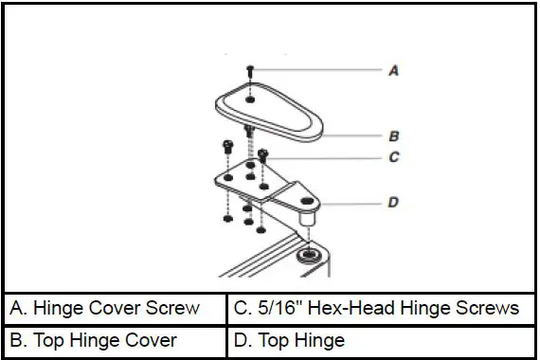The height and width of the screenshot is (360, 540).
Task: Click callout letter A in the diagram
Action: (x=393, y=71)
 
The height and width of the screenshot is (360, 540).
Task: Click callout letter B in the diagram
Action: (x=393, y=135)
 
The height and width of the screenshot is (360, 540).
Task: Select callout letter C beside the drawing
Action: (x=393, y=157)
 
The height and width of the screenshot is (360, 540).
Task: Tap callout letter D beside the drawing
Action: (x=393, y=202)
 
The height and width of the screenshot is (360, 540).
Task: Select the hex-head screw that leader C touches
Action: (x=263, y=154)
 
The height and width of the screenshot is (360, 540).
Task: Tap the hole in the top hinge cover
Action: (x=249, y=98)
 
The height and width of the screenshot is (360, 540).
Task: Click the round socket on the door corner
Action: (x=309, y=256)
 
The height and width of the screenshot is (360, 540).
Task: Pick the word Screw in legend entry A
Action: (x=177, y=308)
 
